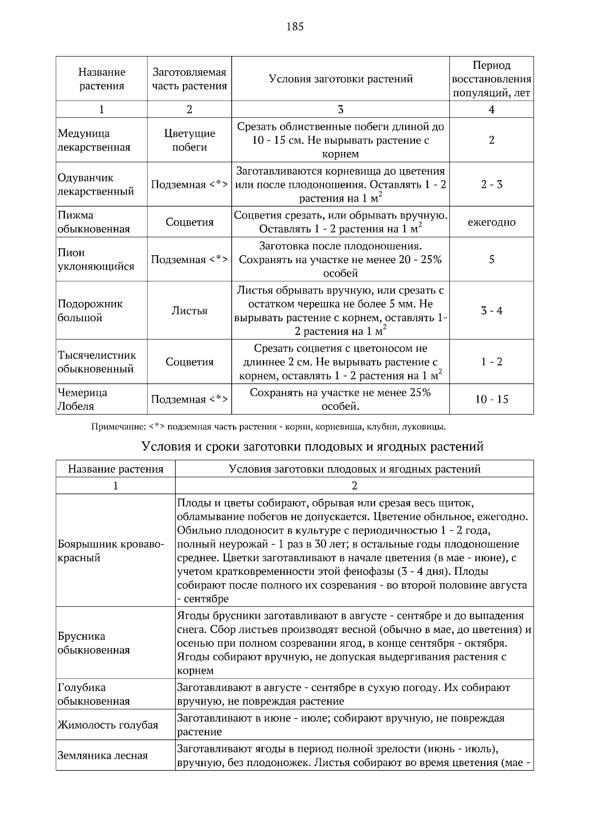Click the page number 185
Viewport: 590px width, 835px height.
pyautogui.click(x=295, y=27)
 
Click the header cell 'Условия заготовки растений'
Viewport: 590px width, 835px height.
pyautogui.click(x=340, y=79)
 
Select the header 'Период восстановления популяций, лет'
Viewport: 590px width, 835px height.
pyautogui.click(x=491, y=79)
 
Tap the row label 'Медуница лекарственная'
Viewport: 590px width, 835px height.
pyautogui.click(x=94, y=140)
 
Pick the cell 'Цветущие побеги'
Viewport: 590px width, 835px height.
pyautogui.click(x=189, y=140)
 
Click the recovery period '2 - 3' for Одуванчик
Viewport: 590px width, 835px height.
pyautogui.click(x=491, y=184)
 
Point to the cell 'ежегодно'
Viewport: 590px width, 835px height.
pyautogui.click(x=491, y=222)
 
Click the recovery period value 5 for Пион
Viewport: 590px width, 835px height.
pyautogui.click(x=491, y=259)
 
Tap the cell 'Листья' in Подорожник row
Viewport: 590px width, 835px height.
pyautogui.click(x=189, y=310)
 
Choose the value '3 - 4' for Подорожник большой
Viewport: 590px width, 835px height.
pyautogui.click(x=491, y=310)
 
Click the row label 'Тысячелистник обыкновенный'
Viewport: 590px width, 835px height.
pyautogui.click(x=96, y=361)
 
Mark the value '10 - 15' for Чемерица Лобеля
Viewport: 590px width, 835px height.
pyautogui.click(x=491, y=399)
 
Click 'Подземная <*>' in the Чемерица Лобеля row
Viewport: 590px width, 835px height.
pyautogui.click(x=189, y=399)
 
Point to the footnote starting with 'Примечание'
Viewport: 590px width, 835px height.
pyautogui.click(x=268, y=426)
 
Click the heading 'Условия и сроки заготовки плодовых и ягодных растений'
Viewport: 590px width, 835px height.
pyautogui.click(x=312, y=446)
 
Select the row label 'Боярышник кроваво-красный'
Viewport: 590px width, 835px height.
pyautogui.click(x=111, y=551)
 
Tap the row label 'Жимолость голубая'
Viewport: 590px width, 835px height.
pyautogui.click(x=108, y=724)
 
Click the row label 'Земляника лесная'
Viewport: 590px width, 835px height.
pyautogui.click(x=102, y=755)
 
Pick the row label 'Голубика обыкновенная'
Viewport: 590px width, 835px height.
pyautogui.click(x=93, y=694)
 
